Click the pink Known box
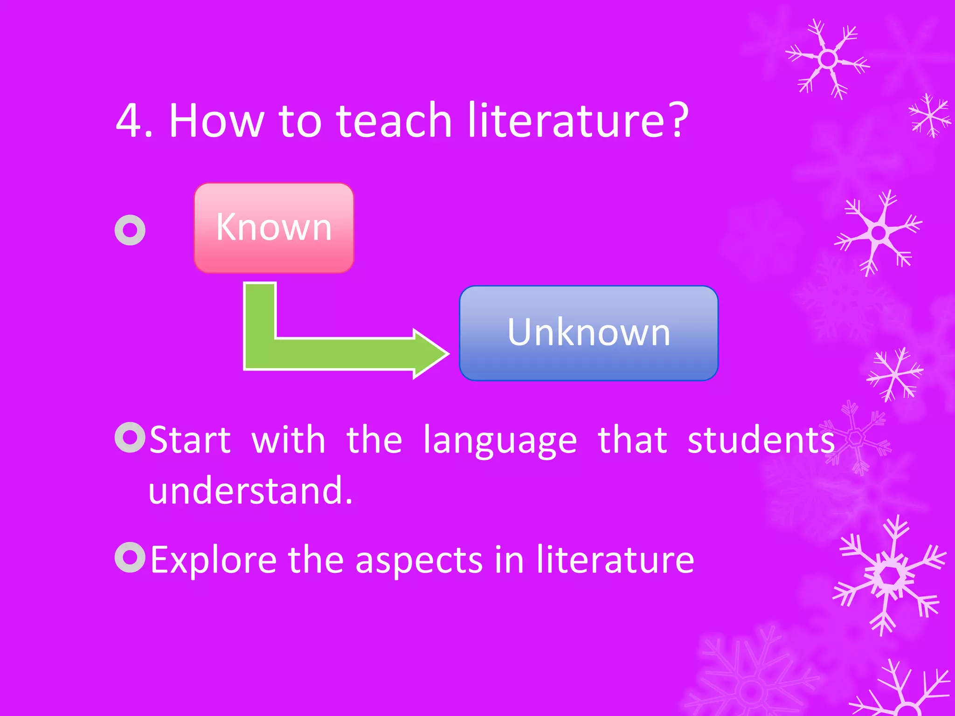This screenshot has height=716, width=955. pos(274,227)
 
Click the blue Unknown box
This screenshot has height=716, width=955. pos(588,333)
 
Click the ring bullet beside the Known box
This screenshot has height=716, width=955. pos(130,230)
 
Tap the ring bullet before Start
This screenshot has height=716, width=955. pos(130,437)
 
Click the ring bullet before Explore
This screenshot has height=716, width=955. pos(130,557)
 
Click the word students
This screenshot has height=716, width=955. pos(761,440)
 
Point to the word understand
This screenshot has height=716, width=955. pos(250,490)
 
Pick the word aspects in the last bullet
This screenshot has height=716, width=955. pos(419,560)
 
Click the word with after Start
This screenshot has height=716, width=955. pos(288,440)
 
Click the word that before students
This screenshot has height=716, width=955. pos(632,440)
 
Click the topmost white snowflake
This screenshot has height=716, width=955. pos(828,59)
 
